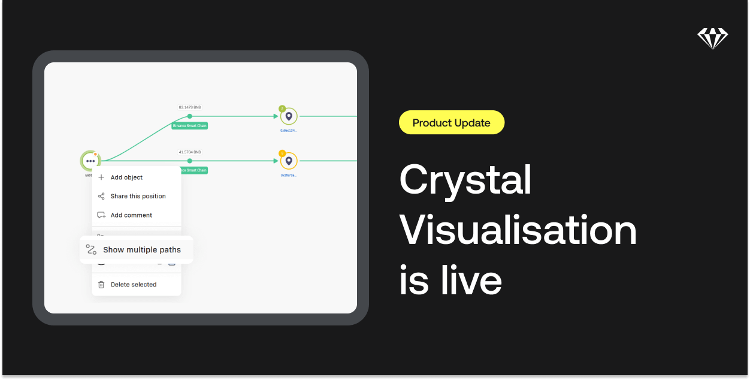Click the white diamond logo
[712, 38]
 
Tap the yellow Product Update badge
[452, 123]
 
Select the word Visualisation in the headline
[518, 231]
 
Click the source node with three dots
[90, 161]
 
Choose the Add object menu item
[126, 177]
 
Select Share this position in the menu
[138, 196]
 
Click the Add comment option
[131, 215]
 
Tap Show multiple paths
[141, 250]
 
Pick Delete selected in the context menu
[133, 285]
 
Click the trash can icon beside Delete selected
[101, 285]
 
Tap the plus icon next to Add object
[101, 177]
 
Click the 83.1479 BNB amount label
[190, 107]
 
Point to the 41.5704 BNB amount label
[190, 152]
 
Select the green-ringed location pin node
[289, 116]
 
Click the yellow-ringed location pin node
[289, 161]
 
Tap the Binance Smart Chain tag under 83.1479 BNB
[190, 126]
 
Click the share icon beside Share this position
[101, 196]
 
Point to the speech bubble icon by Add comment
[101, 215]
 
